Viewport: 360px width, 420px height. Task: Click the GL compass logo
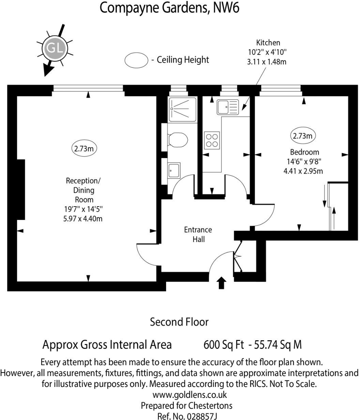(x=54, y=48)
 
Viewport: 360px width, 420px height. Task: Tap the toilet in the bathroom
(x=179, y=140)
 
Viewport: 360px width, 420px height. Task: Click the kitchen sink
(x=227, y=107)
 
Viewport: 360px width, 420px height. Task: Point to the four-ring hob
(x=212, y=140)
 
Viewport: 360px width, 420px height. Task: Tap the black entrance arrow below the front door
(x=222, y=283)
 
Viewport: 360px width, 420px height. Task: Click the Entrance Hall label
(x=198, y=235)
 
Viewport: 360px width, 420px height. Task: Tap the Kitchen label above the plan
(x=268, y=43)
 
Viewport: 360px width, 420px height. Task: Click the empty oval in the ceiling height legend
(x=136, y=60)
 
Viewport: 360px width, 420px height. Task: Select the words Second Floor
(x=179, y=322)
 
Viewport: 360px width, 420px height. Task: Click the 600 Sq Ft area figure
(x=223, y=345)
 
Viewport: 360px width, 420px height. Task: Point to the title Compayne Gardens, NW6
(x=169, y=8)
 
